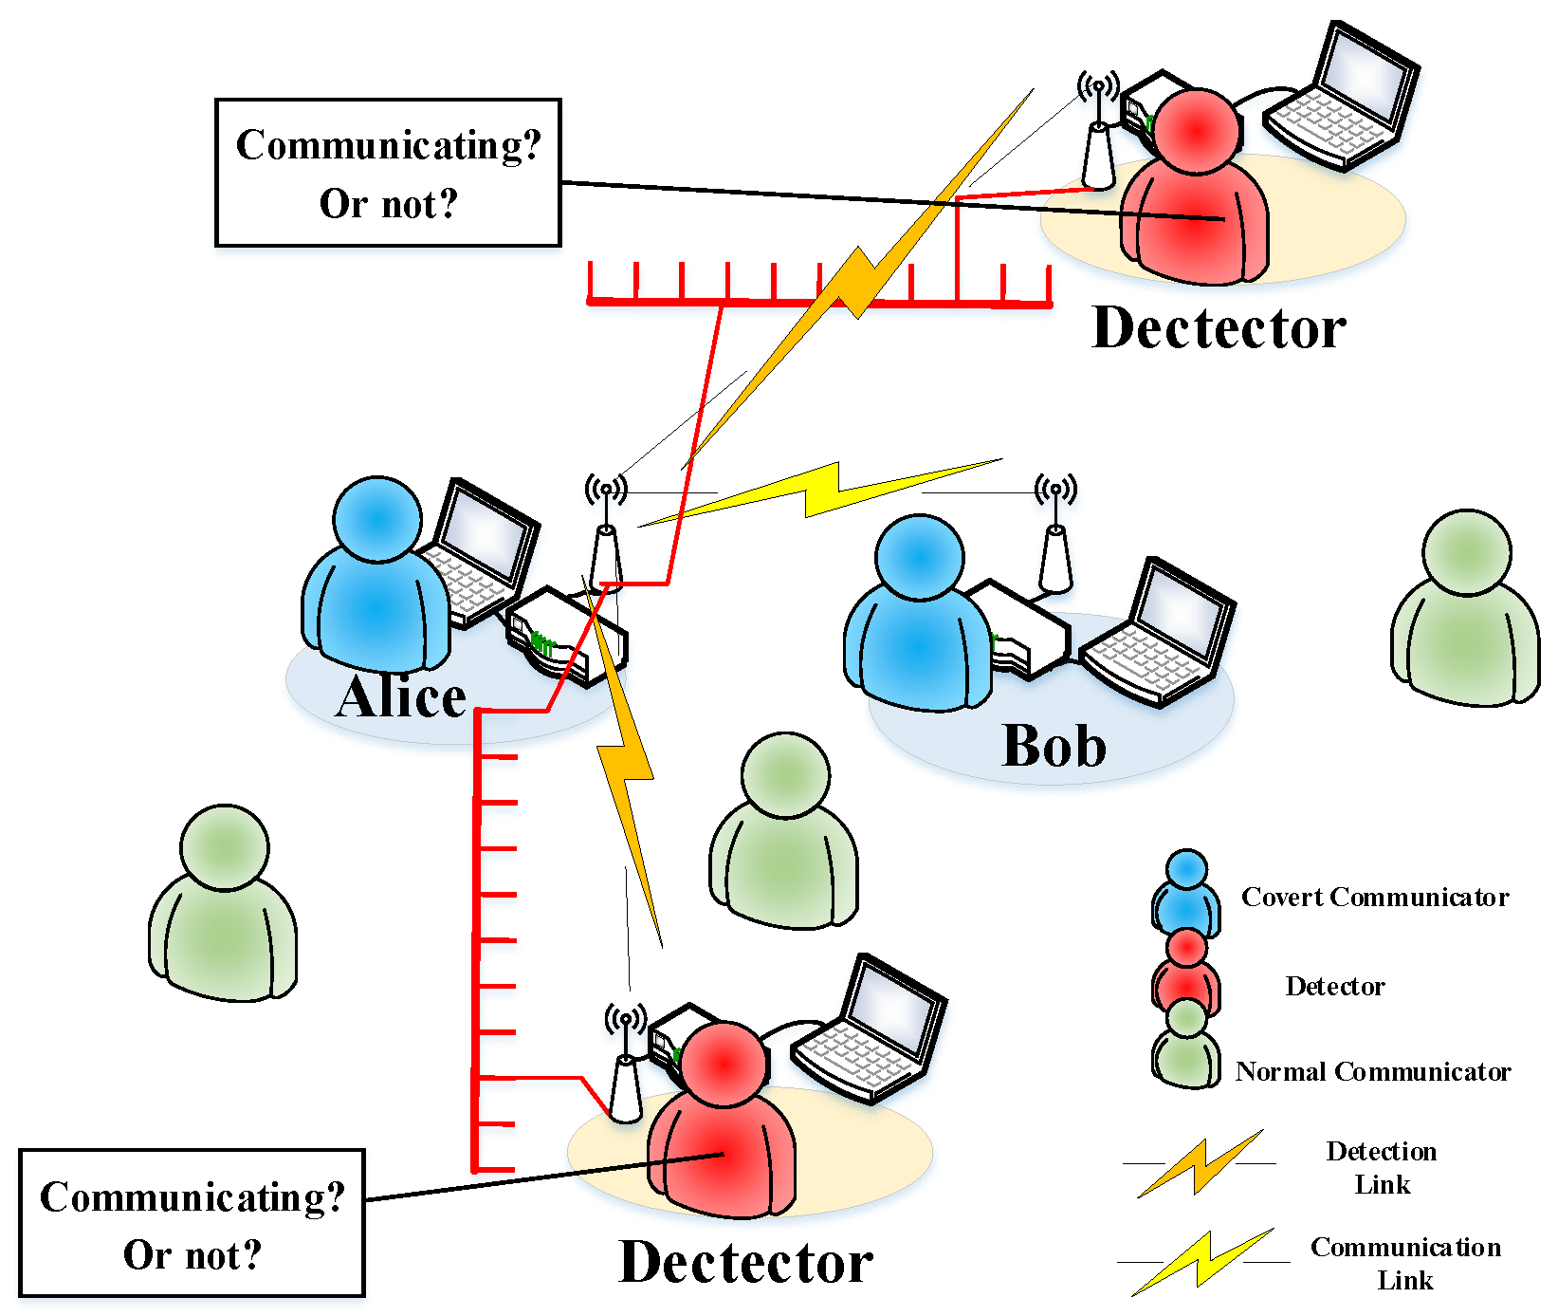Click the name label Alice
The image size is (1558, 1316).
[401, 697]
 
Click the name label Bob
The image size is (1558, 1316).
[1054, 745]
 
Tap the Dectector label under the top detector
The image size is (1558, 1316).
[1219, 328]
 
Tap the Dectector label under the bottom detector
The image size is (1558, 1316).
[745, 1263]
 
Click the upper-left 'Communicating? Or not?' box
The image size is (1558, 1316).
[388, 173]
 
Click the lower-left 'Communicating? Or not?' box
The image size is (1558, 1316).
[192, 1224]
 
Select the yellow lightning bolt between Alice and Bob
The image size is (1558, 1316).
[821, 491]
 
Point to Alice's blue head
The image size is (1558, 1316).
[377, 520]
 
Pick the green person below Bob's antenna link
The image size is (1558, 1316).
[784, 832]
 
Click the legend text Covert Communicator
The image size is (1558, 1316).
[1374, 897]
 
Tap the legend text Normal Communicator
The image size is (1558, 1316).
[1372, 1071]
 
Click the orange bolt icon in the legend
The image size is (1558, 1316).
[1201, 1163]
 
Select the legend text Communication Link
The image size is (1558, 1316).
[1404, 1263]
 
